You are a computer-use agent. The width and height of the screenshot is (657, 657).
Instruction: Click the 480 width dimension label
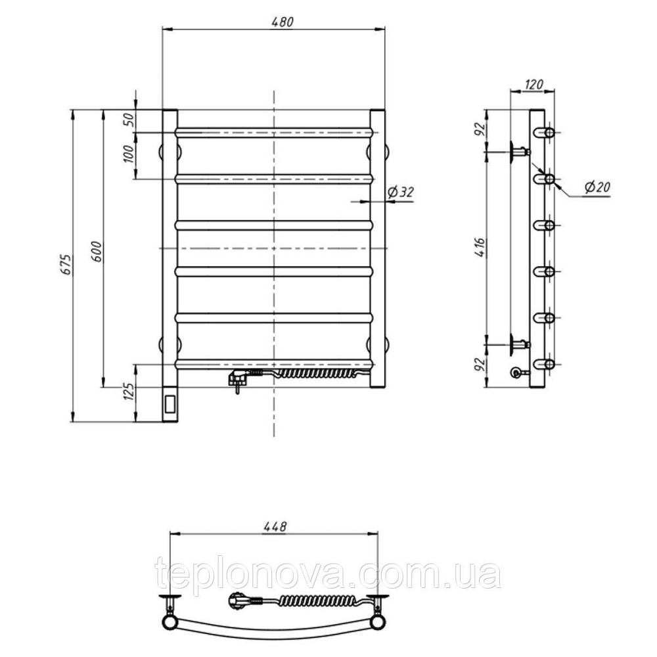283,22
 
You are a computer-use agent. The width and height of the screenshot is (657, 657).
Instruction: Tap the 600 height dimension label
96,252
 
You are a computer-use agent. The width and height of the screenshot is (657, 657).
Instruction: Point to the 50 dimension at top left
129,120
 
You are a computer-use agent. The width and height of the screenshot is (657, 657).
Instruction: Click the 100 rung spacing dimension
129,154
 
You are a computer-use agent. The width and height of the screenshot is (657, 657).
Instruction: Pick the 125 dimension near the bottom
129,390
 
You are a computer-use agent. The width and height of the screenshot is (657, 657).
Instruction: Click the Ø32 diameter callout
401,192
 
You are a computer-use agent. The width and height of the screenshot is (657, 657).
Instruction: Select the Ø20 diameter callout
597,187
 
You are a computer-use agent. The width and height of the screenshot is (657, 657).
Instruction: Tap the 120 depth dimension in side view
533,84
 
